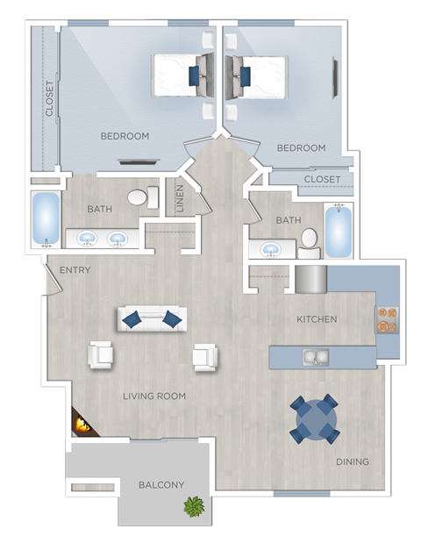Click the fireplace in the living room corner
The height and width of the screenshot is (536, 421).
tap(82, 425)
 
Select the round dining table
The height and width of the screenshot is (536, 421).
tap(314, 419)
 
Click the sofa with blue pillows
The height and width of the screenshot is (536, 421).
tap(152, 319)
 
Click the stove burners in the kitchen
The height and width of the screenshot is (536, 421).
tap(386, 318)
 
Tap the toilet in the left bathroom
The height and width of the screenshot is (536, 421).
tap(139, 197)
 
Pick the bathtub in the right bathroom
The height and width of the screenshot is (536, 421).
tap(339, 232)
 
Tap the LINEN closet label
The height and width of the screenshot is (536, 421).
tap(180, 197)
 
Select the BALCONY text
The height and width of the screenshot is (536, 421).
tap(161, 485)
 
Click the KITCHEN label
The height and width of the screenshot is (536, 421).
tap(317, 319)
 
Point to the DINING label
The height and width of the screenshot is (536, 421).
tap(352, 461)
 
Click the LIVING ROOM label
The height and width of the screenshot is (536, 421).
tap(154, 397)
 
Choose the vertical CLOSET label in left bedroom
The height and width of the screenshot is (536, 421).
tap(49, 98)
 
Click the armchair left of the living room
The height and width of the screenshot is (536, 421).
tap(101, 355)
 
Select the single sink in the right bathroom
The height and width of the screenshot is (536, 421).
tap(269, 250)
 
